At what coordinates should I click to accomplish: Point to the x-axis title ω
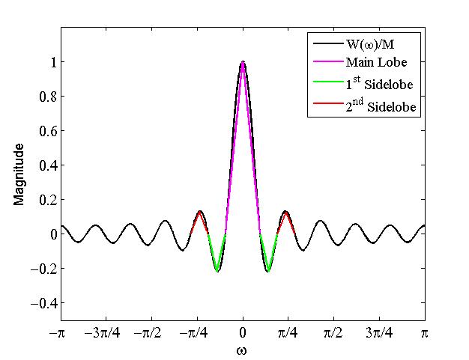(x=243, y=350)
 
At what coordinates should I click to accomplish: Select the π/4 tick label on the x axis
(x=288, y=332)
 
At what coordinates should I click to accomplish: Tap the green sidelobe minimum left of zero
(x=217, y=270)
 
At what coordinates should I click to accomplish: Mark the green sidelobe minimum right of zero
(x=268, y=270)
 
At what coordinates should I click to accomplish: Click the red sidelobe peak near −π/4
(x=200, y=213)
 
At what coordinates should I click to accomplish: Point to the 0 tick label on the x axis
(x=243, y=332)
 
